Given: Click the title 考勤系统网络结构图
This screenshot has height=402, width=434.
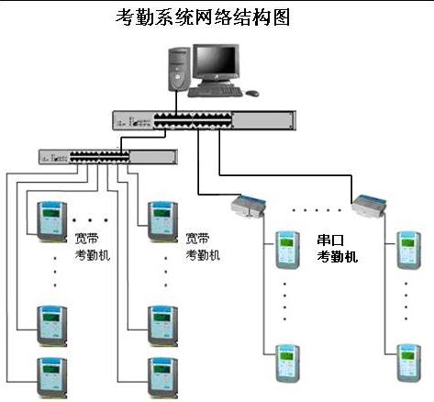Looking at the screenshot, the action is (x=203, y=17).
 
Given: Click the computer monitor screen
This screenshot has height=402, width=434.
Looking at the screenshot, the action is (x=217, y=61).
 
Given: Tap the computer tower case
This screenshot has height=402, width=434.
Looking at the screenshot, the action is (x=179, y=70).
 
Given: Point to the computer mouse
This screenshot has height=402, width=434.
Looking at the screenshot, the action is (x=252, y=93).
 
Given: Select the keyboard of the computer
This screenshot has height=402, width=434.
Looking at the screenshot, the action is (x=215, y=92).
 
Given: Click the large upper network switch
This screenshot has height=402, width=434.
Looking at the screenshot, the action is (x=204, y=120).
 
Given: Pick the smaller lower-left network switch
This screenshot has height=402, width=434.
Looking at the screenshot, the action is (x=108, y=157).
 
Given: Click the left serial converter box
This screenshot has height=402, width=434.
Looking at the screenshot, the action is (x=248, y=206).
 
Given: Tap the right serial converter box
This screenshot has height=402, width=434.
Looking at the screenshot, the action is (x=369, y=205).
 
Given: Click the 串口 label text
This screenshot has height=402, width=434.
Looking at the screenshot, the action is (x=330, y=240).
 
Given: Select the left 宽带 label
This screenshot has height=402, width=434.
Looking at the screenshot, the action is (x=86, y=239).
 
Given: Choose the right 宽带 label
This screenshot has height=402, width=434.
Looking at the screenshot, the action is (x=197, y=239).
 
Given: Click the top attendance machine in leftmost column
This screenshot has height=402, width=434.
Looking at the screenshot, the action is (x=51, y=221).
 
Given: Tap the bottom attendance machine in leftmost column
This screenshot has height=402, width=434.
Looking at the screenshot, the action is (x=51, y=378).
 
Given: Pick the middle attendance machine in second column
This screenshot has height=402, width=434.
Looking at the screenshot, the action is (x=162, y=326).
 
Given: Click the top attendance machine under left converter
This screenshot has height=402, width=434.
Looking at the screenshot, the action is (x=287, y=251).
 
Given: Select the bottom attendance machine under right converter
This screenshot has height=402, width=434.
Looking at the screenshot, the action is (x=408, y=363).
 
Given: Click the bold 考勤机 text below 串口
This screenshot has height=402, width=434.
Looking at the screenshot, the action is (x=337, y=256).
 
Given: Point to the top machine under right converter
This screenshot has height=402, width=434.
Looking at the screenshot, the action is (x=408, y=251).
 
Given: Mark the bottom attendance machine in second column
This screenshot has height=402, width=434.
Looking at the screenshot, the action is (x=162, y=378).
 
